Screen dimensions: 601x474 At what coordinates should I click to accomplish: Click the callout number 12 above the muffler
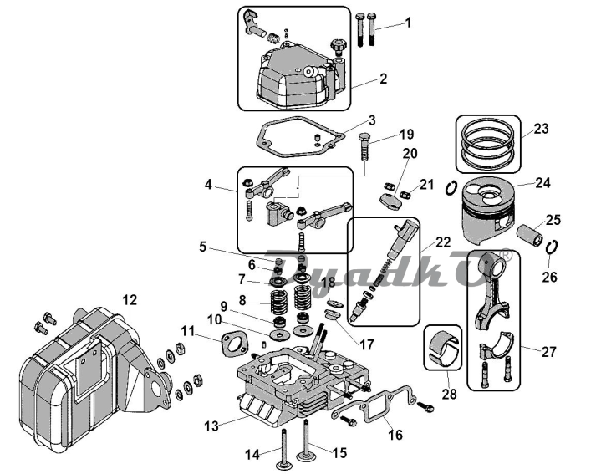130,300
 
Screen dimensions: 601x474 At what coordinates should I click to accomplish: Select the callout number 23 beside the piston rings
541,129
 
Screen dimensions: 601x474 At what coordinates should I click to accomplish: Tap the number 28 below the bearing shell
450,394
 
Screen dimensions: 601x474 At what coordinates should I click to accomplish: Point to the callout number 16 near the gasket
395,436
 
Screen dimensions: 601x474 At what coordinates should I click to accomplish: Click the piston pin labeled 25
530,235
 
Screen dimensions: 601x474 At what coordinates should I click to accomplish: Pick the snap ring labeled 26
551,247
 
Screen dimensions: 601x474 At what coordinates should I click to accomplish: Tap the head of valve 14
284,466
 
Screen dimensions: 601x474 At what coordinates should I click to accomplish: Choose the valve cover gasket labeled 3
300,137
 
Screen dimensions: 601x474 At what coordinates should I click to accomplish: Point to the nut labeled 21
405,195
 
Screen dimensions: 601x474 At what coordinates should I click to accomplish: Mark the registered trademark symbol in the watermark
507,256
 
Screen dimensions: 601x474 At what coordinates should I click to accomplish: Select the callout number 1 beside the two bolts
408,23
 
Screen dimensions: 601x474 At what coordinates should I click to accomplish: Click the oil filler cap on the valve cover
338,46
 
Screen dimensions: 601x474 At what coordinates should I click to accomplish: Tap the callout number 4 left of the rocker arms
208,185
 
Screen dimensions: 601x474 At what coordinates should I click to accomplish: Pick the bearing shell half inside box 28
443,348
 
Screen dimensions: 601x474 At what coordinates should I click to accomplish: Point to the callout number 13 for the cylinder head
211,426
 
